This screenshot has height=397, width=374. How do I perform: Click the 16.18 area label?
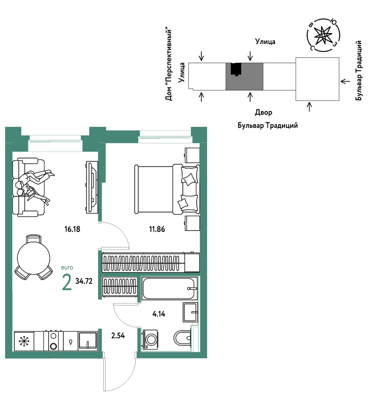[x=72, y=229]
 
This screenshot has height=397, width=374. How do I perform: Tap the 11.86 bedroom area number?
[x=157, y=229]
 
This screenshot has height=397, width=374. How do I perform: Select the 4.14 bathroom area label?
[x=159, y=314]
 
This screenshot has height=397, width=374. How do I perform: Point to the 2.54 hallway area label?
[x=118, y=336]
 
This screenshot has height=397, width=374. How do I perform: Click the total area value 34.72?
[x=84, y=281]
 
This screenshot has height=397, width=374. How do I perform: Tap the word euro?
[x=67, y=267]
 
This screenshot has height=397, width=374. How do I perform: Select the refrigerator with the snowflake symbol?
[x=24, y=341]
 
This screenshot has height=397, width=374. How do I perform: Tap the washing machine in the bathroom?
[x=150, y=340]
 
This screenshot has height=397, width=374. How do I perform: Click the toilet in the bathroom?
[x=183, y=338]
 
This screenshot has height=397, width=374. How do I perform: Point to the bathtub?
[x=169, y=288]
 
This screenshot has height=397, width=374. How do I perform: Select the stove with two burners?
[x=53, y=341]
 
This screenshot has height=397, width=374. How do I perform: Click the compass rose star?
[x=323, y=35]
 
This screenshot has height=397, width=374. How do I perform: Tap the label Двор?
[x=264, y=113]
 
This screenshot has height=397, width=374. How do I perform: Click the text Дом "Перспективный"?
[x=169, y=65]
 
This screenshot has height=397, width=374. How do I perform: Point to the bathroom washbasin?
[x=190, y=312]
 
